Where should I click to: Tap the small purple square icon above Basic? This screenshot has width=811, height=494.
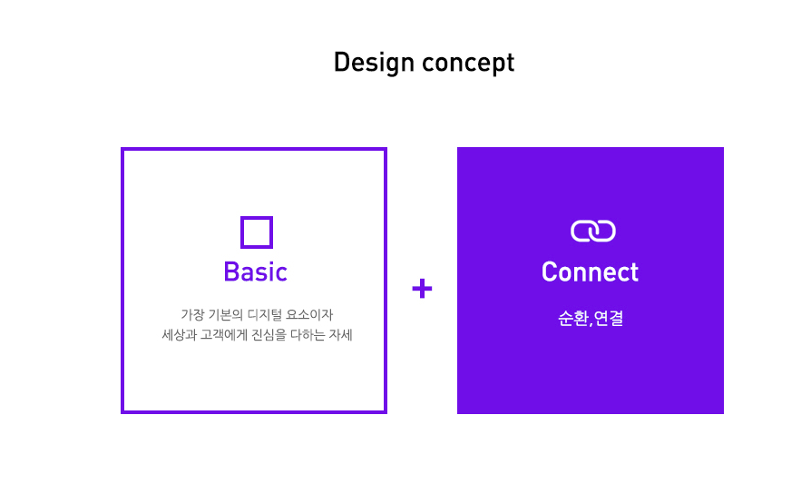point(257,232)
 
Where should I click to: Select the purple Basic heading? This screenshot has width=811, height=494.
point(255,272)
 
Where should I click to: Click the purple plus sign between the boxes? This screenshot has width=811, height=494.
point(422,289)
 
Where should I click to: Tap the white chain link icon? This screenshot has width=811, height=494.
point(592,232)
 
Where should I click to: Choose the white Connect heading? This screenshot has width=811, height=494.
point(590,272)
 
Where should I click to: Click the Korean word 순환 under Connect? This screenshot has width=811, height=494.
point(572,319)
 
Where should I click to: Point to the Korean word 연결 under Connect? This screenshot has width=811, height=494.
point(609,319)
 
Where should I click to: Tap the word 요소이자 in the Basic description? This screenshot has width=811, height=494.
point(311,315)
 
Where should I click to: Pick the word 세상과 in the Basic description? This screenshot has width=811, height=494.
point(176,335)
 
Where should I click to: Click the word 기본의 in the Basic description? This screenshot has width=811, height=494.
point(226,315)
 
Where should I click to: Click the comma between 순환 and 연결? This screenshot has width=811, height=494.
point(591,323)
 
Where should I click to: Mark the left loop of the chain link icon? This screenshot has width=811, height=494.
point(582,232)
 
